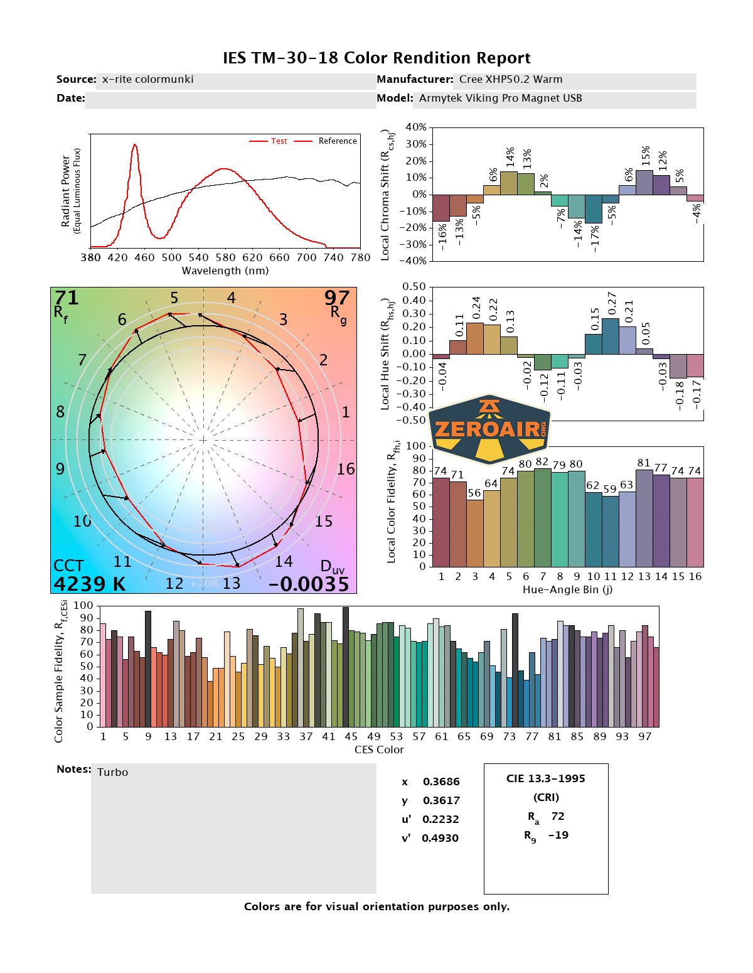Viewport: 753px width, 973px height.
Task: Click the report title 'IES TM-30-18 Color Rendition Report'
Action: [376, 58]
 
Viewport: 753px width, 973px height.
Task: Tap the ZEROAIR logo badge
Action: [489, 429]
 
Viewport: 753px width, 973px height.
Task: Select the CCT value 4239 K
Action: [90, 584]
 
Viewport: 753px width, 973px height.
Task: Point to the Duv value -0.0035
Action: [309, 584]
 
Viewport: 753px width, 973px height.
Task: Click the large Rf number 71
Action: [67, 298]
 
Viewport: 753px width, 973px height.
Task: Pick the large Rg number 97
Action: [336, 298]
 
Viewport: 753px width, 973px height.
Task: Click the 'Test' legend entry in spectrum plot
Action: [279, 141]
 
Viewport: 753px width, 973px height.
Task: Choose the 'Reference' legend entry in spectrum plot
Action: [337, 141]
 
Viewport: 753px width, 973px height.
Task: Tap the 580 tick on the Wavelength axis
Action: [225, 257]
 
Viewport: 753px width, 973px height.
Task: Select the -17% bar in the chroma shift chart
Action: [594, 209]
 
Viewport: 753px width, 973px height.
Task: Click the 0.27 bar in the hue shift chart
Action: [611, 336]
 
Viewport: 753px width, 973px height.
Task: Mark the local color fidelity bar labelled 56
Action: [475, 533]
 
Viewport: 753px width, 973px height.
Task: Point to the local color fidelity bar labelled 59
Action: [611, 531]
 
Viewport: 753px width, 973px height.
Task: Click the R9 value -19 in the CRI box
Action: [558, 835]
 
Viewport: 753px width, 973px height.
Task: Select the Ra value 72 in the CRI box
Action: [558, 816]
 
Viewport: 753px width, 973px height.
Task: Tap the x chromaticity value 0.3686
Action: [441, 782]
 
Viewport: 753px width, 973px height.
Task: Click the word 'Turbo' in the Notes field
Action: [113, 772]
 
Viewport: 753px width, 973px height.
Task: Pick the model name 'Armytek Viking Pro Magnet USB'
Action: [500, 98]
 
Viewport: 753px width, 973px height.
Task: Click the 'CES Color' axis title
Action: [379, 750]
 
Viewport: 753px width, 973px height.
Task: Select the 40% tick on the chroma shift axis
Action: [416, 127]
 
